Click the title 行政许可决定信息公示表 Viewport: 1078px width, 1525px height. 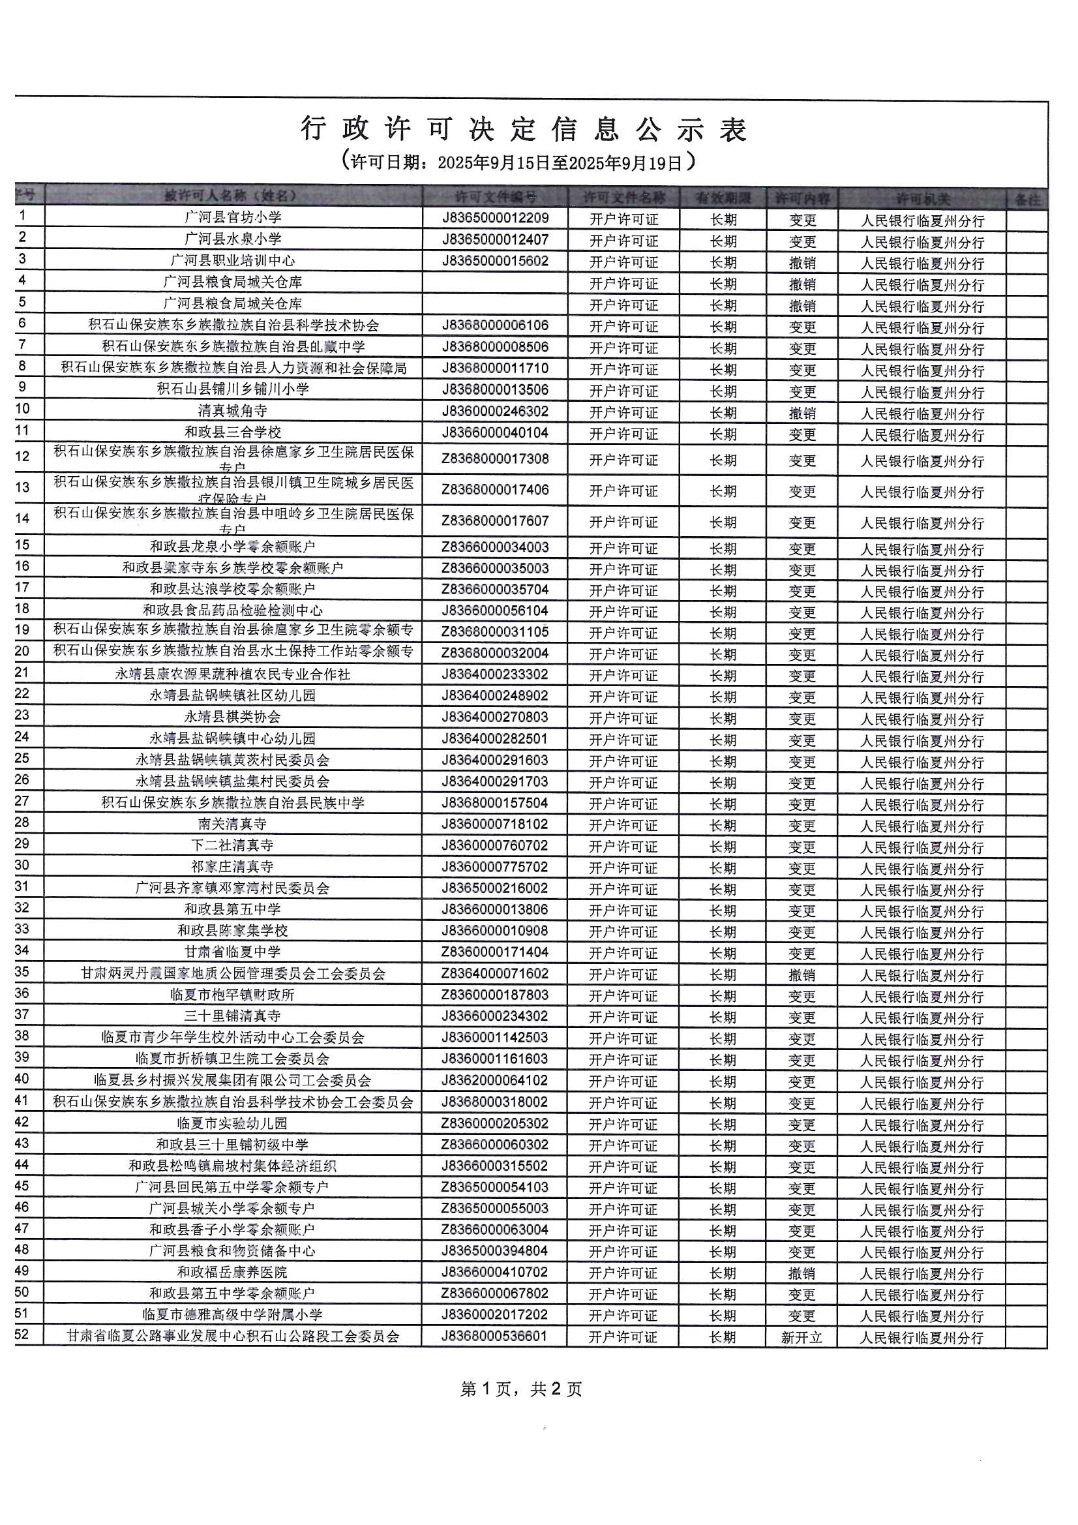coord(524,130)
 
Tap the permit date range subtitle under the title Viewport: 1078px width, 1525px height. coord(519,161)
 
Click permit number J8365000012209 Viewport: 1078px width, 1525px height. coord(496,218)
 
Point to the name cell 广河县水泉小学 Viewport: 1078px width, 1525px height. coord(232,239)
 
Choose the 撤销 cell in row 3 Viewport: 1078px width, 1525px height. coord(801,262)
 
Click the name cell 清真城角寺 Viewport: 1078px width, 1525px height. coord(232,411)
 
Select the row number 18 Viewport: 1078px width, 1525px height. coord(23,609)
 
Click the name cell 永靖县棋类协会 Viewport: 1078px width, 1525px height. coord(232,717)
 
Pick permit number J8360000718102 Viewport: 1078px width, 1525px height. coord(496,824)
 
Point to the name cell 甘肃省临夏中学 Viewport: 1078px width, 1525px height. coord(232,952)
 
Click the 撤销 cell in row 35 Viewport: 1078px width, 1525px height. coord(801,975)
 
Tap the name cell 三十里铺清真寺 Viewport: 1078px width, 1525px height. coord(232,1016)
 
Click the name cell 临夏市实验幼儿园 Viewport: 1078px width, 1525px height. coord(232,1124)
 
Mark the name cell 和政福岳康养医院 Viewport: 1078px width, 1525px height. coord(232,1273)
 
